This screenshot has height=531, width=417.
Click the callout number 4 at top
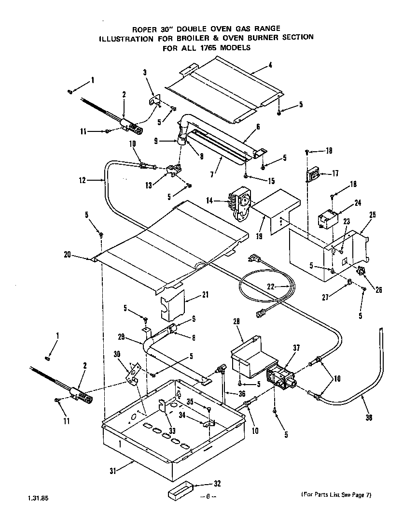[x=270, y=65]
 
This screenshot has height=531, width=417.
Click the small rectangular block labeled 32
[x=180, y=492]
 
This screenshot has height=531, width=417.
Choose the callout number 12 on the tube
[x=82, y=180]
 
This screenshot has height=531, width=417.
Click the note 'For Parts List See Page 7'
[x=336, y=494]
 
